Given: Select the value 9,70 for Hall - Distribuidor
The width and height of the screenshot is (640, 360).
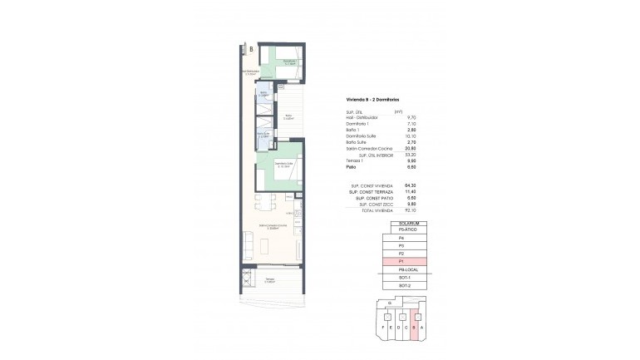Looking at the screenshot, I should [x=398, y=117].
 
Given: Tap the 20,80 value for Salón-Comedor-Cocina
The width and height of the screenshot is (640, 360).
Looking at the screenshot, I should [x=397, y=149].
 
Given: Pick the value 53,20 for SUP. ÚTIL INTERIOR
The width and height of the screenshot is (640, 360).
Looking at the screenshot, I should [x=397, y=155].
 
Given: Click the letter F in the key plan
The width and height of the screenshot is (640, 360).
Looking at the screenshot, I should [x=383, y=328].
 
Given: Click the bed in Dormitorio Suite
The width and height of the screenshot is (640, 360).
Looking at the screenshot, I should [x=285, y=176].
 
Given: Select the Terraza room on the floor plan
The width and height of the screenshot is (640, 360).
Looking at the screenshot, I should [x=271, y=280].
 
